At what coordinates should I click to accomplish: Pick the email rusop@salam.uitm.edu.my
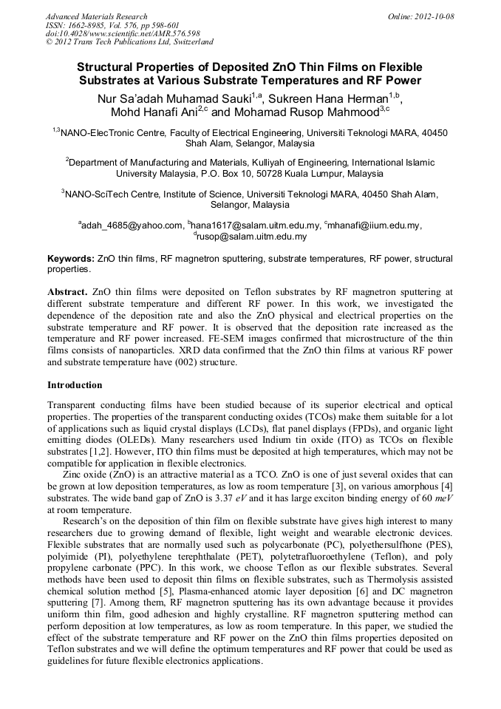point(252,237)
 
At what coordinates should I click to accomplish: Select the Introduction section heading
point(75,385)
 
